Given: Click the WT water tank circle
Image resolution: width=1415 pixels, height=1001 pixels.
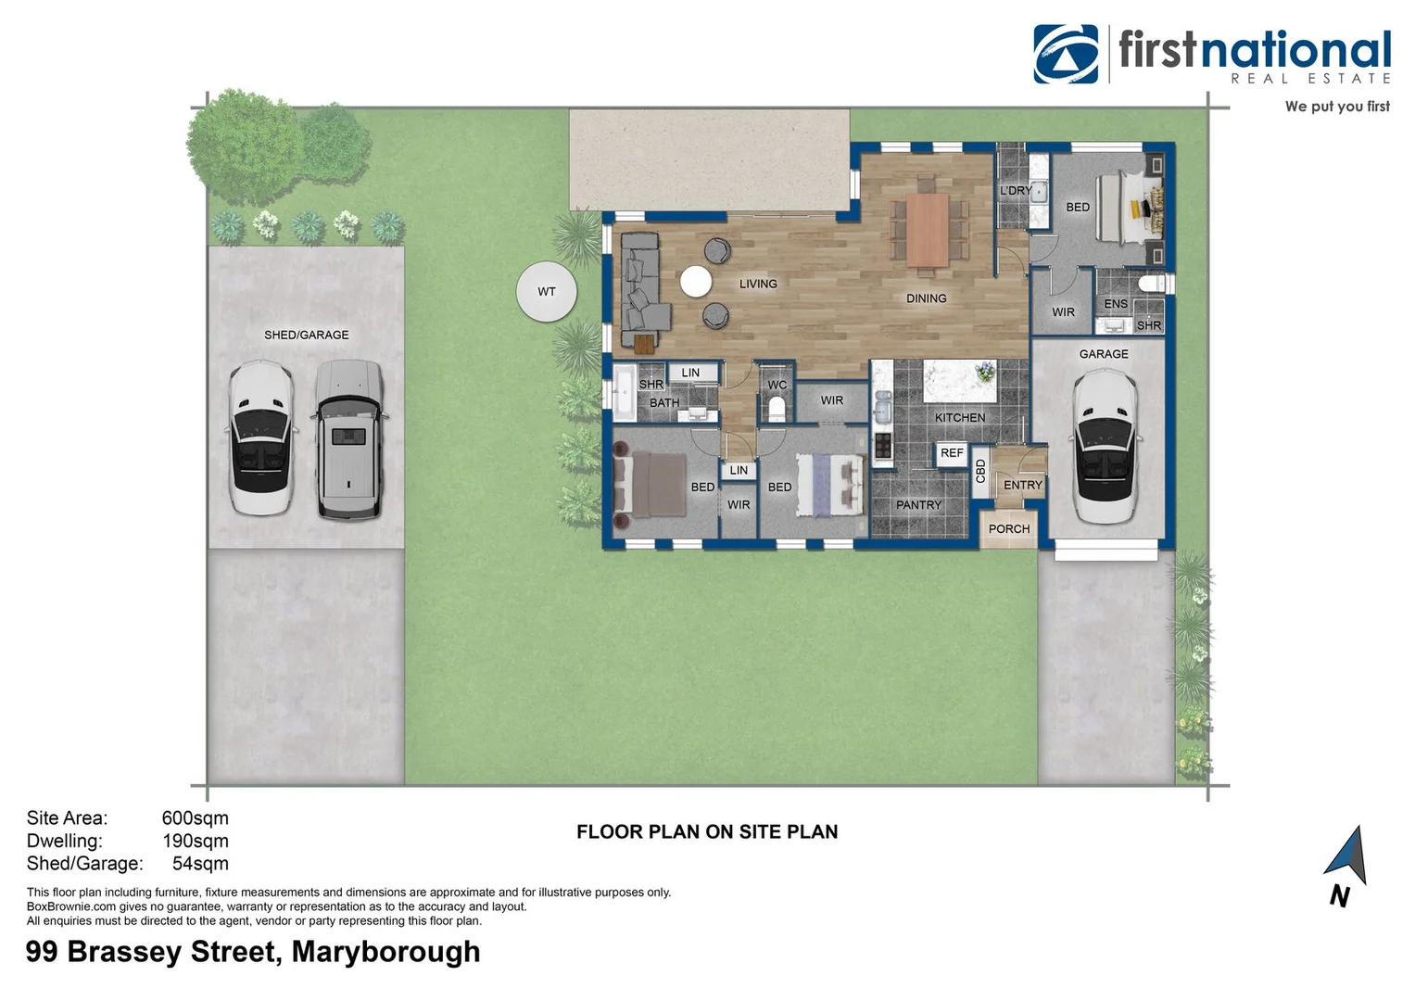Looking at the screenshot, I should (x=547, y=291).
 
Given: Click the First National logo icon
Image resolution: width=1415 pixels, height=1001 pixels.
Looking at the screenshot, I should (x=1066, y=54).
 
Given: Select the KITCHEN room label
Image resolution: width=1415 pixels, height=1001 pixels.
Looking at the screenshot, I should (x=959, y=417).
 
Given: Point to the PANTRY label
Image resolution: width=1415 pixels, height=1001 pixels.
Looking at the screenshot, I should (x=918, y=505).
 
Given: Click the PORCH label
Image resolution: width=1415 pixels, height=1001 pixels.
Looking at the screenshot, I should (x=1009, y=529).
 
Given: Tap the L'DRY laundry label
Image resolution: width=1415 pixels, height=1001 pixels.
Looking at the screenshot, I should (x=1016, y=191).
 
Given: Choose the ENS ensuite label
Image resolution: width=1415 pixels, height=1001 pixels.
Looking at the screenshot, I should (x=1116, y=304).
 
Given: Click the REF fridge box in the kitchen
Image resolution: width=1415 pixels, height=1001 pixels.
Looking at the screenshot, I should (x=952, y=453).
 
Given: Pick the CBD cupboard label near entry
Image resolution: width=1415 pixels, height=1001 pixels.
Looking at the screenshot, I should (x=980, y=471).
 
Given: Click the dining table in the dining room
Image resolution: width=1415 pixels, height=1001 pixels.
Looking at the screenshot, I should (x=928, y=229).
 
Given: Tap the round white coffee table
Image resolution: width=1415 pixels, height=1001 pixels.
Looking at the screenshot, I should (x=696, y=282).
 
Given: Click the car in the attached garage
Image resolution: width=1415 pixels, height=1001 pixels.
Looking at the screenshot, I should (x=1105, y=446).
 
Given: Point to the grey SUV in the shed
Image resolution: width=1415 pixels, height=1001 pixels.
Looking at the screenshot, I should (x=348, y=438).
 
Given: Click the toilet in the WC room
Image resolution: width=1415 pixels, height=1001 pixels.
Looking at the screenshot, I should (x=777, y=408).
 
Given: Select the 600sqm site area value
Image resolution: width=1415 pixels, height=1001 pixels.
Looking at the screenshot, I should (x=195, y=818).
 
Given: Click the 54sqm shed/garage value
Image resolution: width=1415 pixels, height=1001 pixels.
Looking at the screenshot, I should (x=200, y=864).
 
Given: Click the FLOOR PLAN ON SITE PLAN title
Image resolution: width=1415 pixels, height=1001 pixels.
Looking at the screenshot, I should (x=707, y=832).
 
